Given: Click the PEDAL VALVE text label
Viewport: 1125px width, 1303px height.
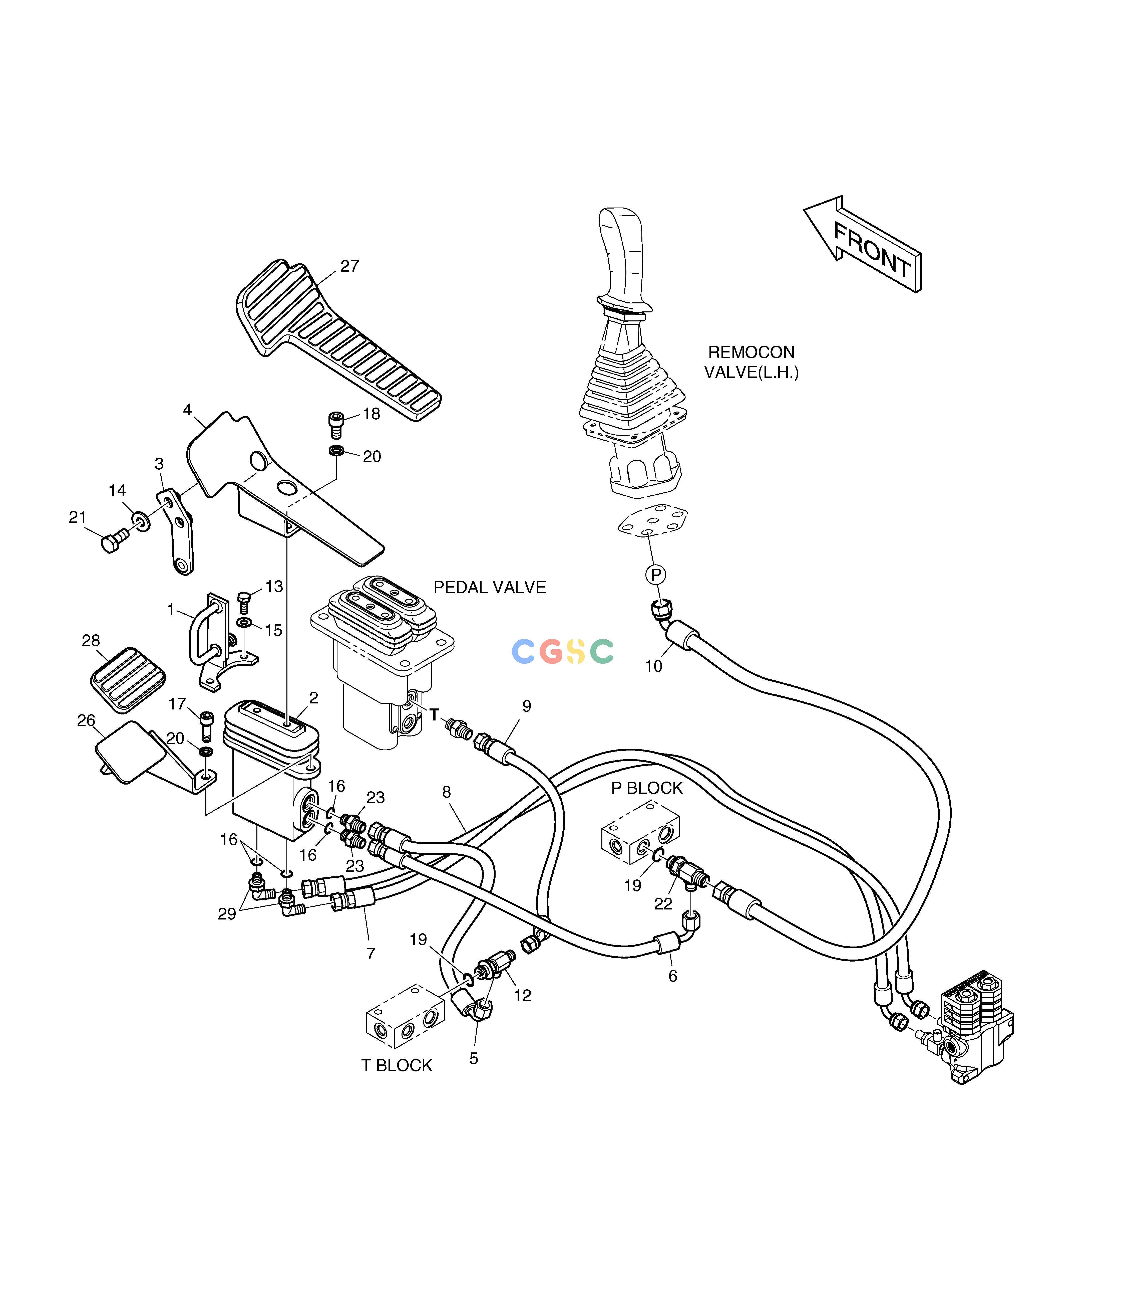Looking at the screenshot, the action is click(x=490, y=587).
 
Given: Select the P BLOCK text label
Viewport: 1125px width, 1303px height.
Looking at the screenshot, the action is click(x=647, y=788).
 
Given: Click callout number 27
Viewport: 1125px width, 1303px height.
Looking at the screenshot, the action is click(x=349, y=266).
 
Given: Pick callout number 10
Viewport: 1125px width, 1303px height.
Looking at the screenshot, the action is click(x=654, y=666).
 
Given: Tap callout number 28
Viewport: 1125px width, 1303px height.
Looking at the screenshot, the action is click(x=91, y=640).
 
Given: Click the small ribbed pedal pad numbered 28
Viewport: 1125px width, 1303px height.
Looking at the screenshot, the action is click(x=128, y=680).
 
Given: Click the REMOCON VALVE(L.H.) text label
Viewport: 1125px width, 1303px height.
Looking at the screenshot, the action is click(x=751, y=362).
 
